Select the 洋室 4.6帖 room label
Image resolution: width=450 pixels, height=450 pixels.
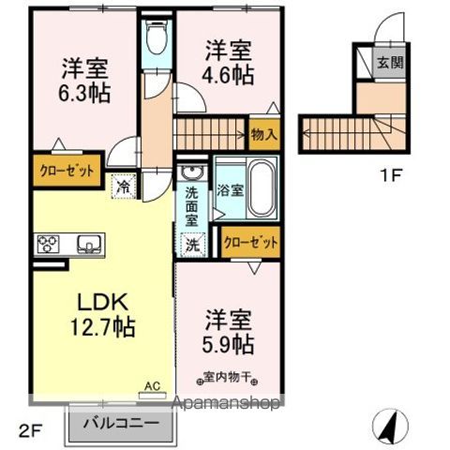click(x=229, y=63)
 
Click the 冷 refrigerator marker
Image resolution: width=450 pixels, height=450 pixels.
click(x=123, y=186)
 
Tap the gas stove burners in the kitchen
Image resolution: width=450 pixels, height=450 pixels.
click(x=48, y=246)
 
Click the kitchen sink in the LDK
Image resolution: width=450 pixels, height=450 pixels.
click(x=88, y=246)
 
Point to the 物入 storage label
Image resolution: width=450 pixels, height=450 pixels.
click(x=263, y=135)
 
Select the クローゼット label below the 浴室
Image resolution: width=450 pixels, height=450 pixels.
click(x=252, y=242)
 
